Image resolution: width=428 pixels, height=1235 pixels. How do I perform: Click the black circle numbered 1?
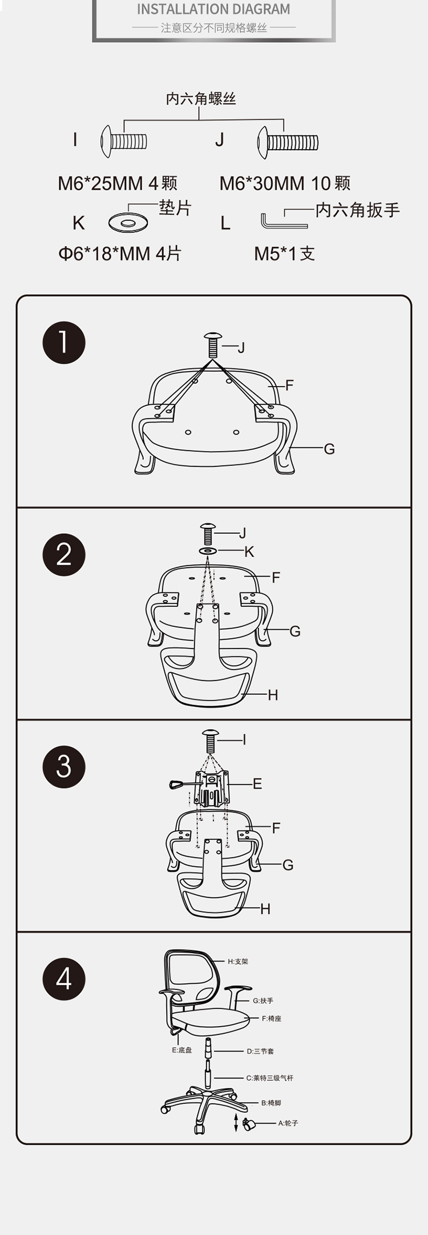click(x=64, y=343)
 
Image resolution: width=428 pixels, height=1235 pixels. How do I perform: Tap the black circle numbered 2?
click(x=64, y=554)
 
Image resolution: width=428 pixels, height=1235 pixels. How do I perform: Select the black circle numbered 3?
click(x=64, y=766)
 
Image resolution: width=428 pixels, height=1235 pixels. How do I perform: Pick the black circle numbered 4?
click(x=64, y=979)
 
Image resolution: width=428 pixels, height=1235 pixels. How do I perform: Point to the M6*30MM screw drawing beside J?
click(x=287, y=142)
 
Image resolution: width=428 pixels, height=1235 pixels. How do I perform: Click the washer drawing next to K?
click(x=128, y=222)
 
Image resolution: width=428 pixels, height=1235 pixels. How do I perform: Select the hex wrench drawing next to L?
click(x=284, y=220)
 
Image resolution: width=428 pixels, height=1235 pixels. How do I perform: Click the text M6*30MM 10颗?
click(x=285, y=183)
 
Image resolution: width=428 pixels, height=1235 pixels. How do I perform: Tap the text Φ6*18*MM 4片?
click(x=120, y=254)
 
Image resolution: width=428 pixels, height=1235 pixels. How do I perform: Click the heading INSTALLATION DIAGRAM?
click(x=213, y=9)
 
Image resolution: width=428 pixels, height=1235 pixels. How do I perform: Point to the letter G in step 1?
click(x=329, y=449)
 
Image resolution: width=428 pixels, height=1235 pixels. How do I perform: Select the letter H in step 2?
click(x=273, y=695)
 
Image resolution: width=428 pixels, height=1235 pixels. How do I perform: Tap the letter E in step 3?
click(x=257, y=783)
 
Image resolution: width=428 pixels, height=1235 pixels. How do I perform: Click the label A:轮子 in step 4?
click(x=288, y=1123)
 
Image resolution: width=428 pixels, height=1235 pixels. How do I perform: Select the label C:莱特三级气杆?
click(x=270, y=1078)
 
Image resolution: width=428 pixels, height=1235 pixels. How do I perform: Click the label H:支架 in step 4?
click(x=238, y=962)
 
